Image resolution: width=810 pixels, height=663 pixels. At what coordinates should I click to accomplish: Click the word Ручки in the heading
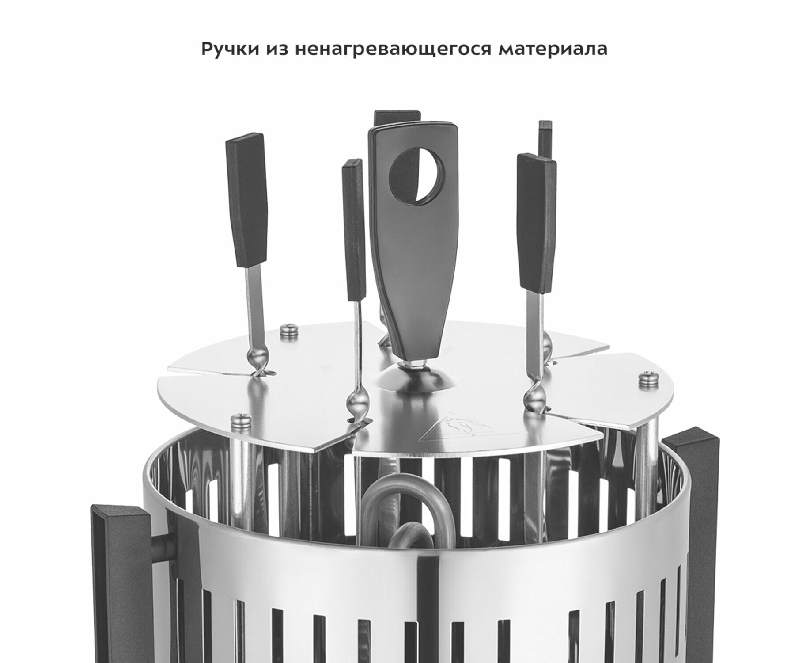[x=229, y=50]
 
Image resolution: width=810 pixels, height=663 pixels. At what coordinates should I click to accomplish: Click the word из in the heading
[x=276, y=50]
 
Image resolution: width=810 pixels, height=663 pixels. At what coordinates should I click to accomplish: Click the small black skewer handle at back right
[x=545, y=139]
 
